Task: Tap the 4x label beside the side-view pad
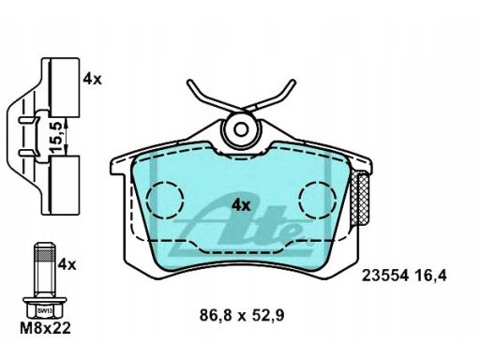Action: tap(93, 80)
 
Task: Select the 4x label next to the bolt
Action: tap(67, 264)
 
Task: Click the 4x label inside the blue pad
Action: tap(241, 205)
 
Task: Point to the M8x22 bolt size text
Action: tap(46, 328)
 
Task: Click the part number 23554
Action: tap(385, 276)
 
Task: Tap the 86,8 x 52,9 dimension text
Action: tap(242, 315)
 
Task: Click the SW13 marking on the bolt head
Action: tap(45, 311)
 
